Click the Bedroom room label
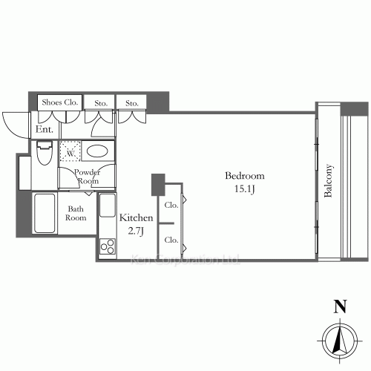pos(244,177)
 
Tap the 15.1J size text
pos(244,189)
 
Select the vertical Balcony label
pos(328,181)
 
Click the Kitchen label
pos(136,218)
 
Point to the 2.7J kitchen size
pos(136,231)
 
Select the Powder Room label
pos(87,177)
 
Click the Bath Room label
pos(76,214)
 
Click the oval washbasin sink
pos(98,151)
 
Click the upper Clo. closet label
pos(170,205)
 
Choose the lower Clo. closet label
pos(170,239)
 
